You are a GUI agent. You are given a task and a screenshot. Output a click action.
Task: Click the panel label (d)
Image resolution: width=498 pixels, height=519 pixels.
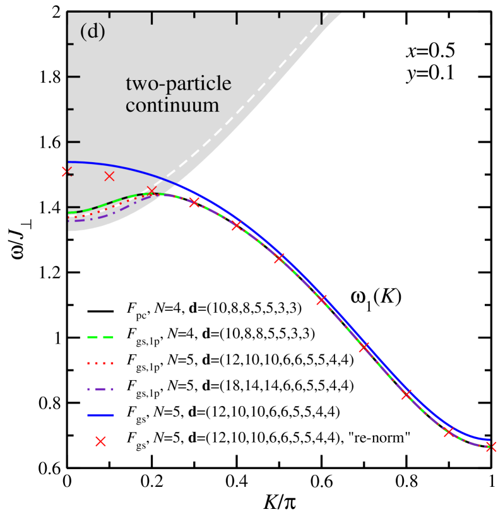92,32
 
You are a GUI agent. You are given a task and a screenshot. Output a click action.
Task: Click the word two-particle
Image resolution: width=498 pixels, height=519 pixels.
178,83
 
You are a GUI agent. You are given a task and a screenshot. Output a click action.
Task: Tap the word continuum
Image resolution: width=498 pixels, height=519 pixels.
172,105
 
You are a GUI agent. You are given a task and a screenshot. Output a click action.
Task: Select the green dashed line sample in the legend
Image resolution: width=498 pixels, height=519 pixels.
100,337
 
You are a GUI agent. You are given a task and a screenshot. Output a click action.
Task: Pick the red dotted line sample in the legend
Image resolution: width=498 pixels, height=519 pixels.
100,363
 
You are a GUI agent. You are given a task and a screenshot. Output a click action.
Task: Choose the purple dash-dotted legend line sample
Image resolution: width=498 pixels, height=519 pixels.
100,389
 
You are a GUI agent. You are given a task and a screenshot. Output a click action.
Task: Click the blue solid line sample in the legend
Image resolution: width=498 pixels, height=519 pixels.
100,415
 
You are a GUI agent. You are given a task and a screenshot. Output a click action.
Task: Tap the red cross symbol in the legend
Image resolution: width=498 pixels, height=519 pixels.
100,441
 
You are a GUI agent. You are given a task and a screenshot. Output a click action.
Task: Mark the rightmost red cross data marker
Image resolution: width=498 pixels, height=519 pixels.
492,446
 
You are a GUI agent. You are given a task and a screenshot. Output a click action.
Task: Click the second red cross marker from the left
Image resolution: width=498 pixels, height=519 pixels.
109,176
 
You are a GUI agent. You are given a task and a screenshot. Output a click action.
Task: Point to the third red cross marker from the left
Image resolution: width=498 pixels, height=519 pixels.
151,190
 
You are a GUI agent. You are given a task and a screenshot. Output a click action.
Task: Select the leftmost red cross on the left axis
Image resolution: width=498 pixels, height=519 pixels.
66,172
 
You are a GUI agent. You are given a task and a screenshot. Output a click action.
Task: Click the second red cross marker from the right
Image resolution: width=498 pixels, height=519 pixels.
448,432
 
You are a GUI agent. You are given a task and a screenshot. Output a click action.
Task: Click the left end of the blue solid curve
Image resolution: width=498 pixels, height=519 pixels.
69,162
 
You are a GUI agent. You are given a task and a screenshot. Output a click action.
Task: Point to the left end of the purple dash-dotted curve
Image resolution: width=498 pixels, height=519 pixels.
69,221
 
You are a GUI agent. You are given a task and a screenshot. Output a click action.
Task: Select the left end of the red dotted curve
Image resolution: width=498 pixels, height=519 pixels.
69,216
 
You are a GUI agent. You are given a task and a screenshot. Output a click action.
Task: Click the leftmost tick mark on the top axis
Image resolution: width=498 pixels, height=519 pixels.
152,18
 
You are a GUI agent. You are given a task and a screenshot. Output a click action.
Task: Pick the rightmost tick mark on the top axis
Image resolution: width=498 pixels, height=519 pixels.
321,18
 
